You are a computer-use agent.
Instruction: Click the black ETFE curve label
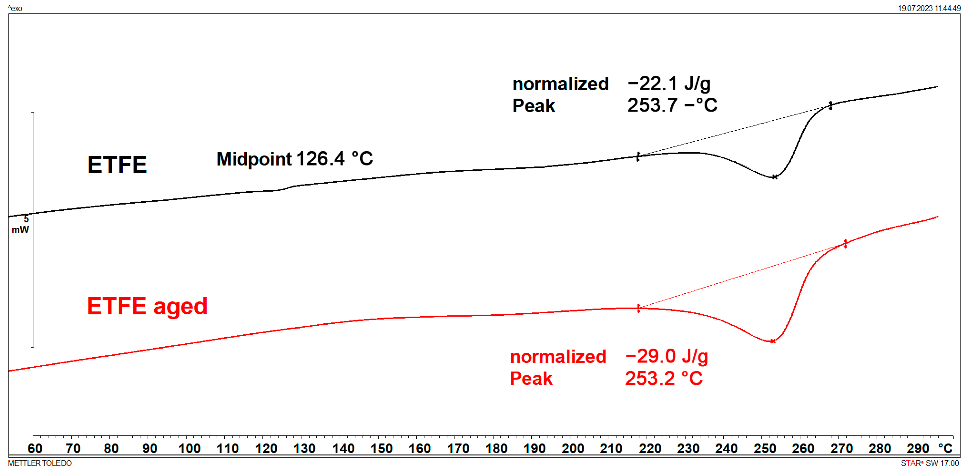(x=117, y=165)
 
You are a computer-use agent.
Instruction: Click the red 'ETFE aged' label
(x=147, y=306)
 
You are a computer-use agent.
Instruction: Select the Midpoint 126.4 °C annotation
(x=295, y=159)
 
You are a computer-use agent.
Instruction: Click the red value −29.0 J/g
(x=667, y=356)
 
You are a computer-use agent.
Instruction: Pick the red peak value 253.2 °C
(x=664, y=378)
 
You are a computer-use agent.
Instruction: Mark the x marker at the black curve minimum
(x=775, y=177)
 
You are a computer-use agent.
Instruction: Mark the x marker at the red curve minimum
(x=772, y=341)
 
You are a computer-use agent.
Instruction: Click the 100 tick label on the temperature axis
(x=189, y=448)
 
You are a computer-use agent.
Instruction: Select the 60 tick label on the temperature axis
(x=35, y=448)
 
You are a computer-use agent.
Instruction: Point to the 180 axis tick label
(x=496, y=448)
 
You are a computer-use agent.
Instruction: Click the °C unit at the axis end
(x=945, y=448)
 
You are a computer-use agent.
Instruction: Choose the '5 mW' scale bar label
(x=21, y=224)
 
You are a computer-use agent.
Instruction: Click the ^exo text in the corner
(x=15, y=8)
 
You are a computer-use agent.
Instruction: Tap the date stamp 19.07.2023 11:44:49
(x=929, y=8)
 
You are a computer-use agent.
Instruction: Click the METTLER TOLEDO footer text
(x=40, y=463)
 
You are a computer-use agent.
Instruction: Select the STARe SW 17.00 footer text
(x=930, y=463)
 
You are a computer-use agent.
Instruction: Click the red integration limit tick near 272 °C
(x=845, y=244)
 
